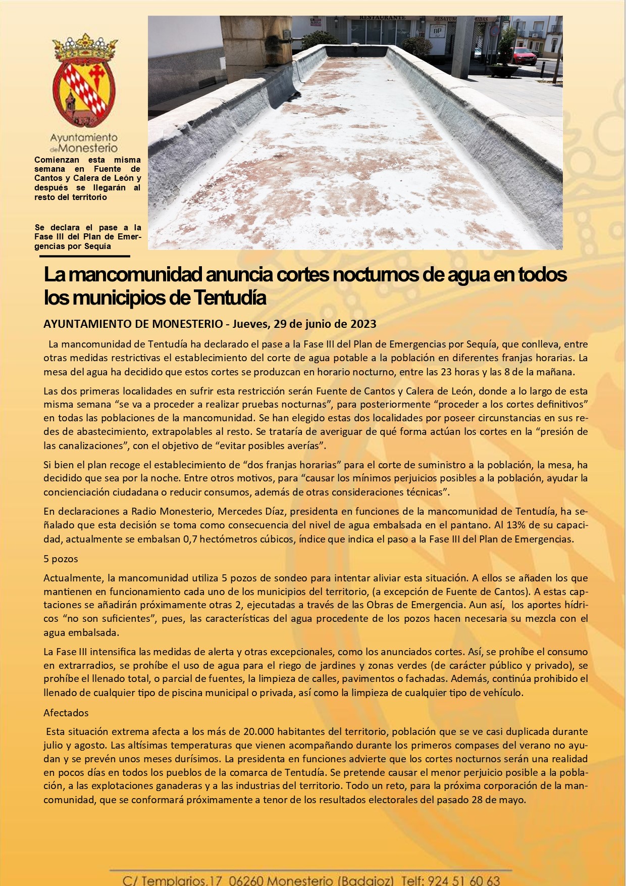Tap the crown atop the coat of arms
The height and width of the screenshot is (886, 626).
tap(85, 48)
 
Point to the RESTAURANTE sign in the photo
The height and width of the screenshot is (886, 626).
tap(382, 18)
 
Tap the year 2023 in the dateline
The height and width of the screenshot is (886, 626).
tap(363, 324)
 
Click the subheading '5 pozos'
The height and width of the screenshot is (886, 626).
tap(61, 559)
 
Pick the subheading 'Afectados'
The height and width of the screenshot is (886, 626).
tap(66, 713)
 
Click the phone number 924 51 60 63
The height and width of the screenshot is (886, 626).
tap(464, 880)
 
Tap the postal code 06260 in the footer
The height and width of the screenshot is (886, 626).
tap(246, 880)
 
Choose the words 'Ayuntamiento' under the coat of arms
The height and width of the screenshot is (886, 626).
tap(84, 137)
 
